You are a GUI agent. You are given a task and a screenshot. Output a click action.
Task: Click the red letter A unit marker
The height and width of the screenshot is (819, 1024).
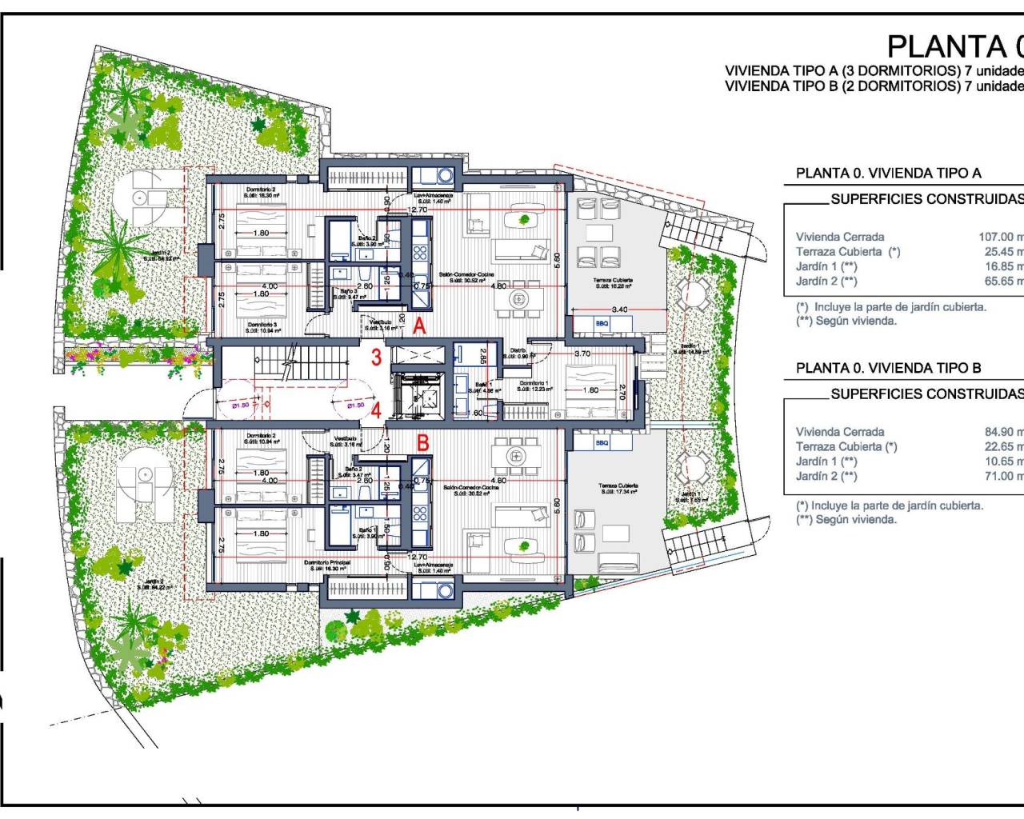click(x=419, y=326)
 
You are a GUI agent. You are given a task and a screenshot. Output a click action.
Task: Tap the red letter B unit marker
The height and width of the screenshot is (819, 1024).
click(x=423, y=442)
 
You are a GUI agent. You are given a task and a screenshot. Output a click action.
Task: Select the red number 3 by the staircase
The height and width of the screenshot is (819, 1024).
click(x=376, y=357)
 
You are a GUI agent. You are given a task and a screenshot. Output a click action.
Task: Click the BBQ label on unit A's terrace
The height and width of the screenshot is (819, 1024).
click(x=581, y=324)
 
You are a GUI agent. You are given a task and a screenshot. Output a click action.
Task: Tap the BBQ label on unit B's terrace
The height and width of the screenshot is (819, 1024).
click(x=602, y=442)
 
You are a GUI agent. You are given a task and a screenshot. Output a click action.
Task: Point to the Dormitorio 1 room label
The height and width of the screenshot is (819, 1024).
click(x=534, y=384)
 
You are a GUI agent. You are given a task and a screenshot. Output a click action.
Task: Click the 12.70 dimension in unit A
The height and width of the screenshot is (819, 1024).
click(x=417, y=210)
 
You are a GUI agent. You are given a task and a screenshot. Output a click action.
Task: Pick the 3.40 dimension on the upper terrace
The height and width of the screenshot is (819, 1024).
click(x=618, y=310)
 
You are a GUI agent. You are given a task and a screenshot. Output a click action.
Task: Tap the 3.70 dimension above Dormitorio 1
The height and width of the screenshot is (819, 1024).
click(x=582, y=354)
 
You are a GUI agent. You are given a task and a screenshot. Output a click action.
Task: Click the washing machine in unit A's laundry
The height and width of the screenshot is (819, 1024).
click(x=445, y=175)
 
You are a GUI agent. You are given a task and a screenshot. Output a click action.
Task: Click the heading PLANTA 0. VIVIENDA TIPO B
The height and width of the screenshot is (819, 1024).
click(x=888, y=368)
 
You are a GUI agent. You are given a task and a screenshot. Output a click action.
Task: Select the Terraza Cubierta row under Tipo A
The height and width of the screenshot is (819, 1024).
click(x=848, y=251)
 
